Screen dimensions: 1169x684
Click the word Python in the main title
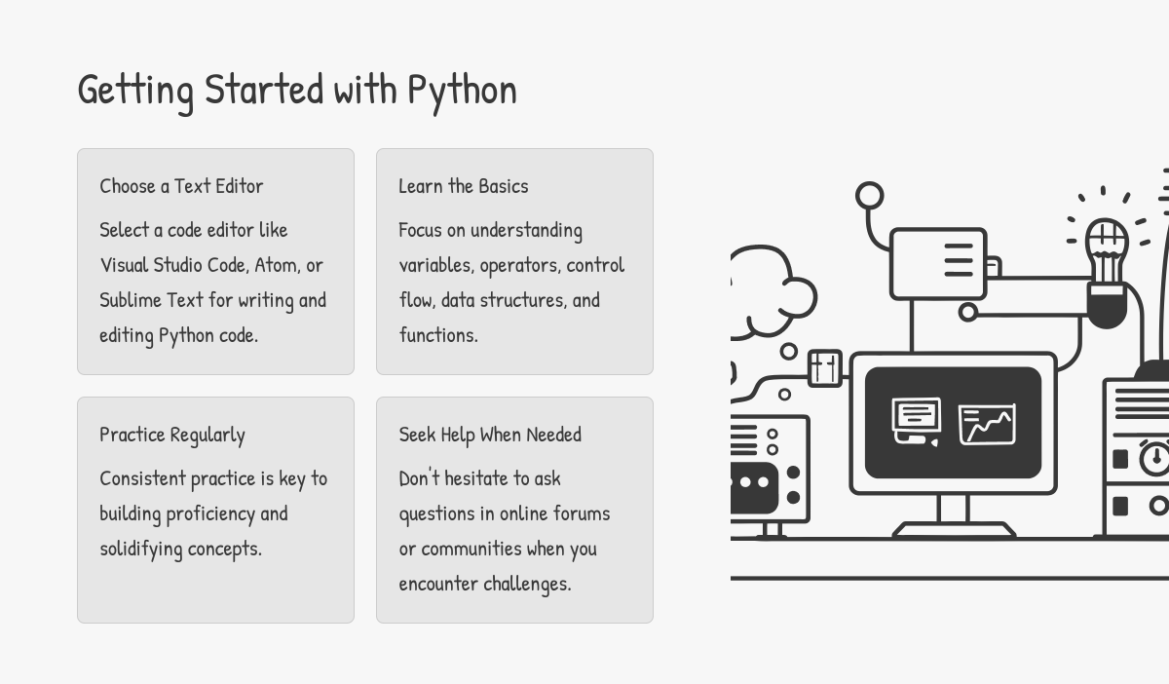(462, 90)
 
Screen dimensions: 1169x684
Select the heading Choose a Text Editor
(181, 186)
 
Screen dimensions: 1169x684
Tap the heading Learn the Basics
(464, 186)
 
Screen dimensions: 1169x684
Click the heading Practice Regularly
(172, 435)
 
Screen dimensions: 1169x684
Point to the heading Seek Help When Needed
(490, 435)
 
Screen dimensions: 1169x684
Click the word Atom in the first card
(276, 265)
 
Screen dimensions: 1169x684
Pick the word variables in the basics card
(435, 265)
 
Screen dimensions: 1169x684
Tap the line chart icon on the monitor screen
(987, 424)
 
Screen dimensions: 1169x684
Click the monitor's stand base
(954, 530)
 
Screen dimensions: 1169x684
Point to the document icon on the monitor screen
(916, 420)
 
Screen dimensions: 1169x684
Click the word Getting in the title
(135, 90)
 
